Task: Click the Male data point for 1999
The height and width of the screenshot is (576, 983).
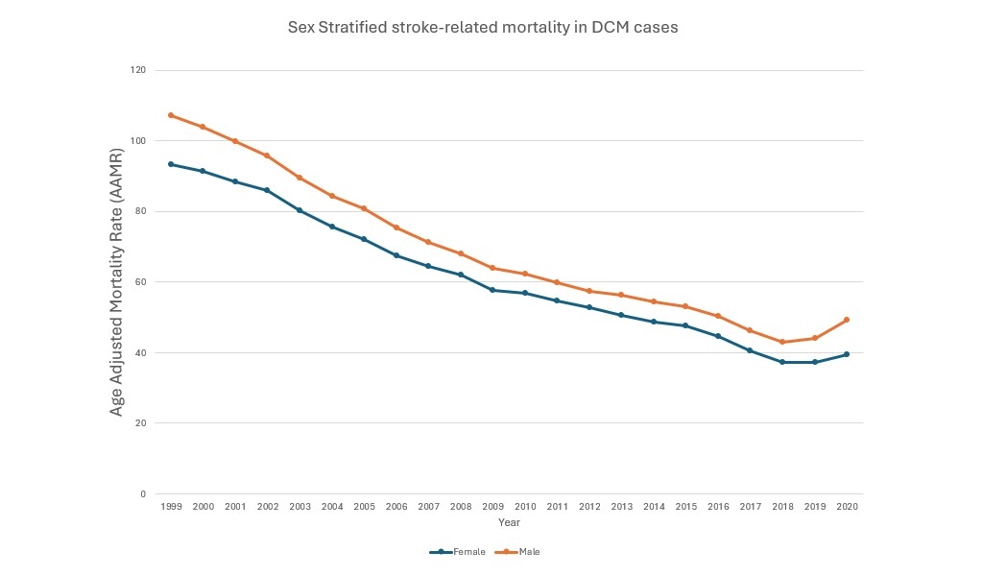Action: point(171,115)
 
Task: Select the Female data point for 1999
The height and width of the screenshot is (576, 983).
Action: point(171,164)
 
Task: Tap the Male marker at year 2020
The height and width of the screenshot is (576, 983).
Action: point(847,320)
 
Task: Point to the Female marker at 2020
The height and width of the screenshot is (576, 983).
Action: point(847,354)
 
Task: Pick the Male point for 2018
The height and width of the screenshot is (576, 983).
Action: point(782,342)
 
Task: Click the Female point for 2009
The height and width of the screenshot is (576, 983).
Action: point(492,290)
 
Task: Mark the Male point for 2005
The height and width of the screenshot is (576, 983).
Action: point(364,208)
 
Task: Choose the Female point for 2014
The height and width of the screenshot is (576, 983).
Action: point(654,322)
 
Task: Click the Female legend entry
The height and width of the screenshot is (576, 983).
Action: point(458,552)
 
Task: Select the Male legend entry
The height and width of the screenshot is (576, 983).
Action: point(523,552)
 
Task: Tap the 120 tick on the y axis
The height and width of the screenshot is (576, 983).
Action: point(139,70)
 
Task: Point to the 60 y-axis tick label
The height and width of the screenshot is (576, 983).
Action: point(141,282)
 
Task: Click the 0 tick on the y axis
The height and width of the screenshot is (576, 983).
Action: point(144,494)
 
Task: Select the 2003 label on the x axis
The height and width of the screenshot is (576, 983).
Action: point(300,506)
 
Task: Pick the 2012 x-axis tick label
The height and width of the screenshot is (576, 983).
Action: point(589,506)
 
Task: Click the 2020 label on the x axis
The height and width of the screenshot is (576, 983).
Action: point(847,506)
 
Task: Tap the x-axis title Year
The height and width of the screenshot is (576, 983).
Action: point(509,522)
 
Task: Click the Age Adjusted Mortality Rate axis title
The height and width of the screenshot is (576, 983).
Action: point(117,282)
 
